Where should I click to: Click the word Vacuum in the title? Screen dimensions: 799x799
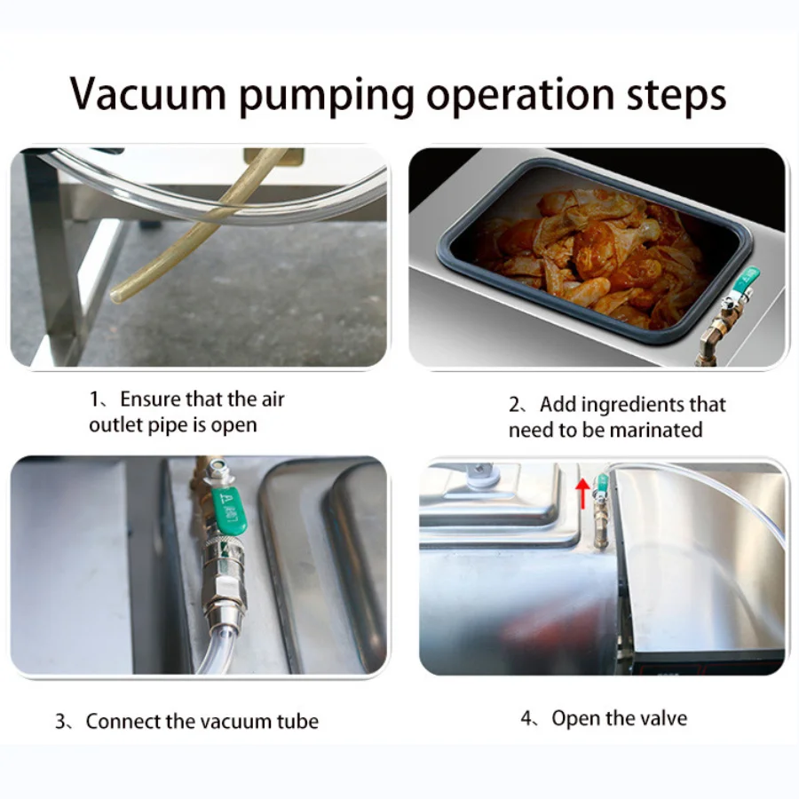tap(147, 93)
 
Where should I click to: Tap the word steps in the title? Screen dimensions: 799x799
tap(676, 95)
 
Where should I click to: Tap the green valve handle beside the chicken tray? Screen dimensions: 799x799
tap(746, 281)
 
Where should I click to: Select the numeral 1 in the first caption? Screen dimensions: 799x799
tap(95, 399)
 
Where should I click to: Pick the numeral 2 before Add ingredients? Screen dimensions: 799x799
tap(515, 405)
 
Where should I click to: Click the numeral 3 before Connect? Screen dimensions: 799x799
tap(60, 722)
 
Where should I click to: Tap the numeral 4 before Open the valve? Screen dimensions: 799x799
tap(526, 718)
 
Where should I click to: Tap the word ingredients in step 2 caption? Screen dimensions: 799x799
tap(632, 406)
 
